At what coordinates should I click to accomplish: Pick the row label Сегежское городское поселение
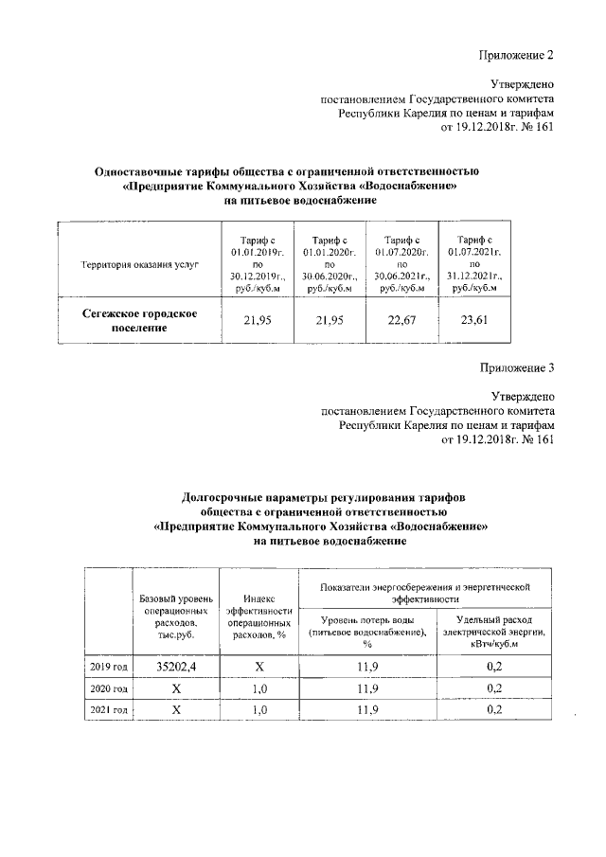138,321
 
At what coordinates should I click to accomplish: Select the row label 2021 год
108,709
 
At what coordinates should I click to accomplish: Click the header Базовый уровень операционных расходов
175,617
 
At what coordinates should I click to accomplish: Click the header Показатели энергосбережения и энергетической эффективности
428,593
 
